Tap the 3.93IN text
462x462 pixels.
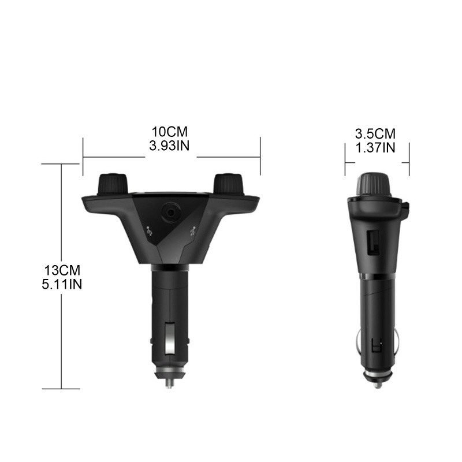coord(168,146)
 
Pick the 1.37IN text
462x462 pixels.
coord(376,147)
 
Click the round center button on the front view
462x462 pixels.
coord(171,212)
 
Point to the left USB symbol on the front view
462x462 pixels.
coord(150,233)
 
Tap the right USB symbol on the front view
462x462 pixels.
coord(192,232)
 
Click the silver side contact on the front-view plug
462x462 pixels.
coord(170,338)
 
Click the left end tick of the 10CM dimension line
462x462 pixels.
coord(83,156)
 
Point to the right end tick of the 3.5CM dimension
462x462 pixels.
coord(409,161)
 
